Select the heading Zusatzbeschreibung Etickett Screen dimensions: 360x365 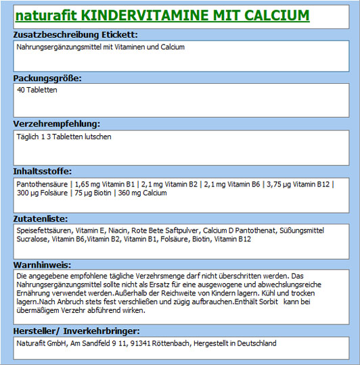(x=76, y=34)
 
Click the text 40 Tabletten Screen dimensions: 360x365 (x=37, y=90)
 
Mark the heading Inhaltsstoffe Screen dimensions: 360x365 (x=43, y=171)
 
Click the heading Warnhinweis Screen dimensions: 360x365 (x=42, y=265)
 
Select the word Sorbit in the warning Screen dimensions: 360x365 (x=270, y=302)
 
